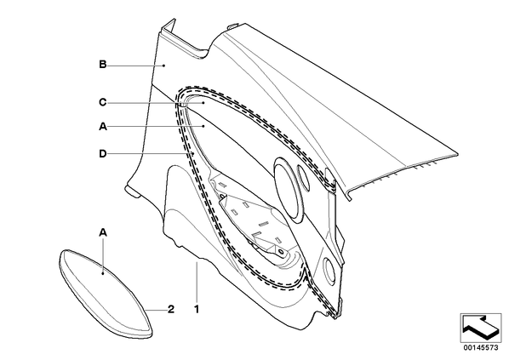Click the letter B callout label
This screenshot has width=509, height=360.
point(103,65)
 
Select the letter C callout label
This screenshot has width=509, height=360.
point(103,103)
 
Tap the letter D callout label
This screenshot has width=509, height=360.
point(103,153)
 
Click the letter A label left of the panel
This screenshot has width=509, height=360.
point(103,126)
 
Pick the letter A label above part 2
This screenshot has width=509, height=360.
point(103,232)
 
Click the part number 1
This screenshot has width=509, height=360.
point(197,309)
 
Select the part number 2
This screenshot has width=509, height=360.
point(171,309)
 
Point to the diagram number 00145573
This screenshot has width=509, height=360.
point(481,348)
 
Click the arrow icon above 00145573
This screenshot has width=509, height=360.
point(481,328)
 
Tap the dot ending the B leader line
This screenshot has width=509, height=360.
point(164,66)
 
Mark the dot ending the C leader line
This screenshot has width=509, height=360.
point(203,103)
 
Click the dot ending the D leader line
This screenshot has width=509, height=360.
point(193,153)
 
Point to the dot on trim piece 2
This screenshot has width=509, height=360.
point(103,273)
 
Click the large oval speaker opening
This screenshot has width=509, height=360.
point(288,187)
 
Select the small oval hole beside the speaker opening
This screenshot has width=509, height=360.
point(304,177)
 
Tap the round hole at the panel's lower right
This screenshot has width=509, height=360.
point(329,269)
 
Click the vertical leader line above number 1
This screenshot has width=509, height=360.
point(197,282)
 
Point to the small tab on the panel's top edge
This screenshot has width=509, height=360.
point(232,26)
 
